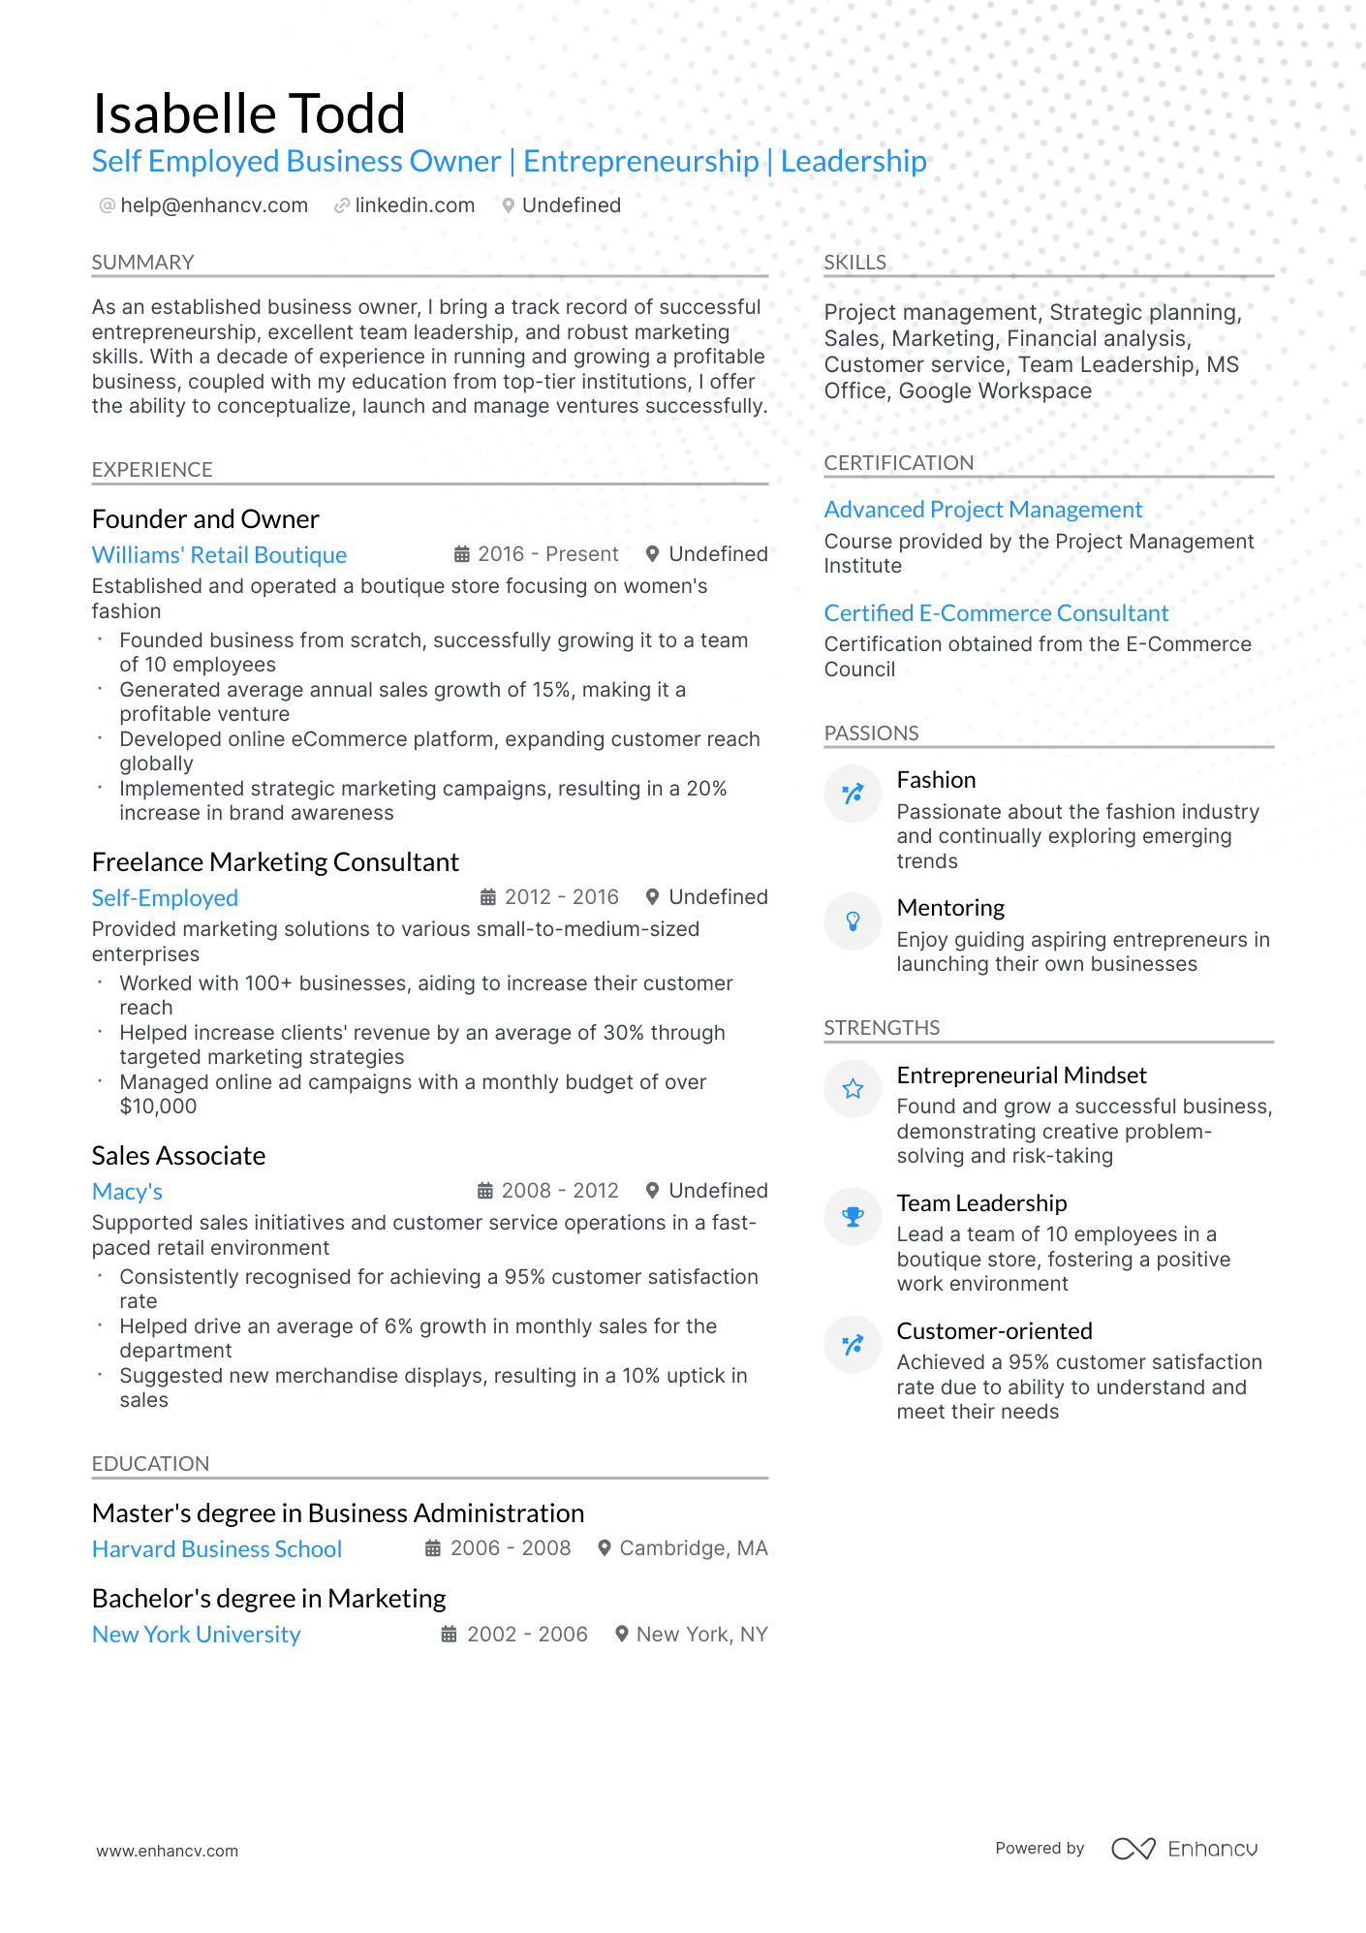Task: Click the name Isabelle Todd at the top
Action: pos(249,114)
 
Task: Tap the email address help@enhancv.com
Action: pos(213,205)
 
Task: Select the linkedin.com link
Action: pos(414,205)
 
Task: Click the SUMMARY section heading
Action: pos(142,263)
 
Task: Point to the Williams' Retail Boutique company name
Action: pos(219,555)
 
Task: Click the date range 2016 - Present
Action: pos(547,554)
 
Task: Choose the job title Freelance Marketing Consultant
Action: pos(275,862)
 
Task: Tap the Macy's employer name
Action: pos(127,1192)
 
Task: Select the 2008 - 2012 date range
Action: pos(559,1191)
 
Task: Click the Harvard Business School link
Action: pos(217,1549)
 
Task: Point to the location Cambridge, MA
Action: pos(693,1548)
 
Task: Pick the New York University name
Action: pos(196,1635)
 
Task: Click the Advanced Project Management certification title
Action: pos(982,510)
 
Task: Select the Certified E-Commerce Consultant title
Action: pos(996,613)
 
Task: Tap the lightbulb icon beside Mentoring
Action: pos(853,921)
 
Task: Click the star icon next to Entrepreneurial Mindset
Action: pos(853,1089)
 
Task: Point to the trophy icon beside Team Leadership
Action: pos(853,1217)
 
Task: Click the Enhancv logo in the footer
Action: pos(1184,1849)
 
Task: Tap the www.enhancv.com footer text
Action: pos(167,1851)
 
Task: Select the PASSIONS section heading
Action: pos(871,733)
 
